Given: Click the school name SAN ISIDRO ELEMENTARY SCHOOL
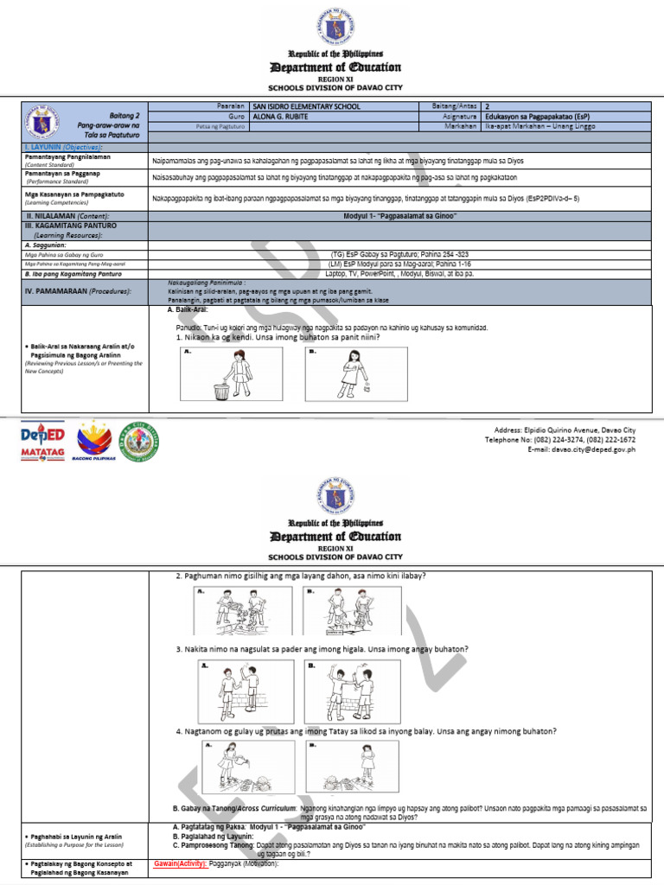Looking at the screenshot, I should (x=305, y=106).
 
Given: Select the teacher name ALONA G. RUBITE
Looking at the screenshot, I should (x=284, y=116).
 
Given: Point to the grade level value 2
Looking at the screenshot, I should (x=488, y=106).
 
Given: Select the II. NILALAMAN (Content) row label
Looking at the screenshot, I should (x=67, y=215).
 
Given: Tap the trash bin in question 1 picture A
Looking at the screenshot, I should (x=221, y=392).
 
